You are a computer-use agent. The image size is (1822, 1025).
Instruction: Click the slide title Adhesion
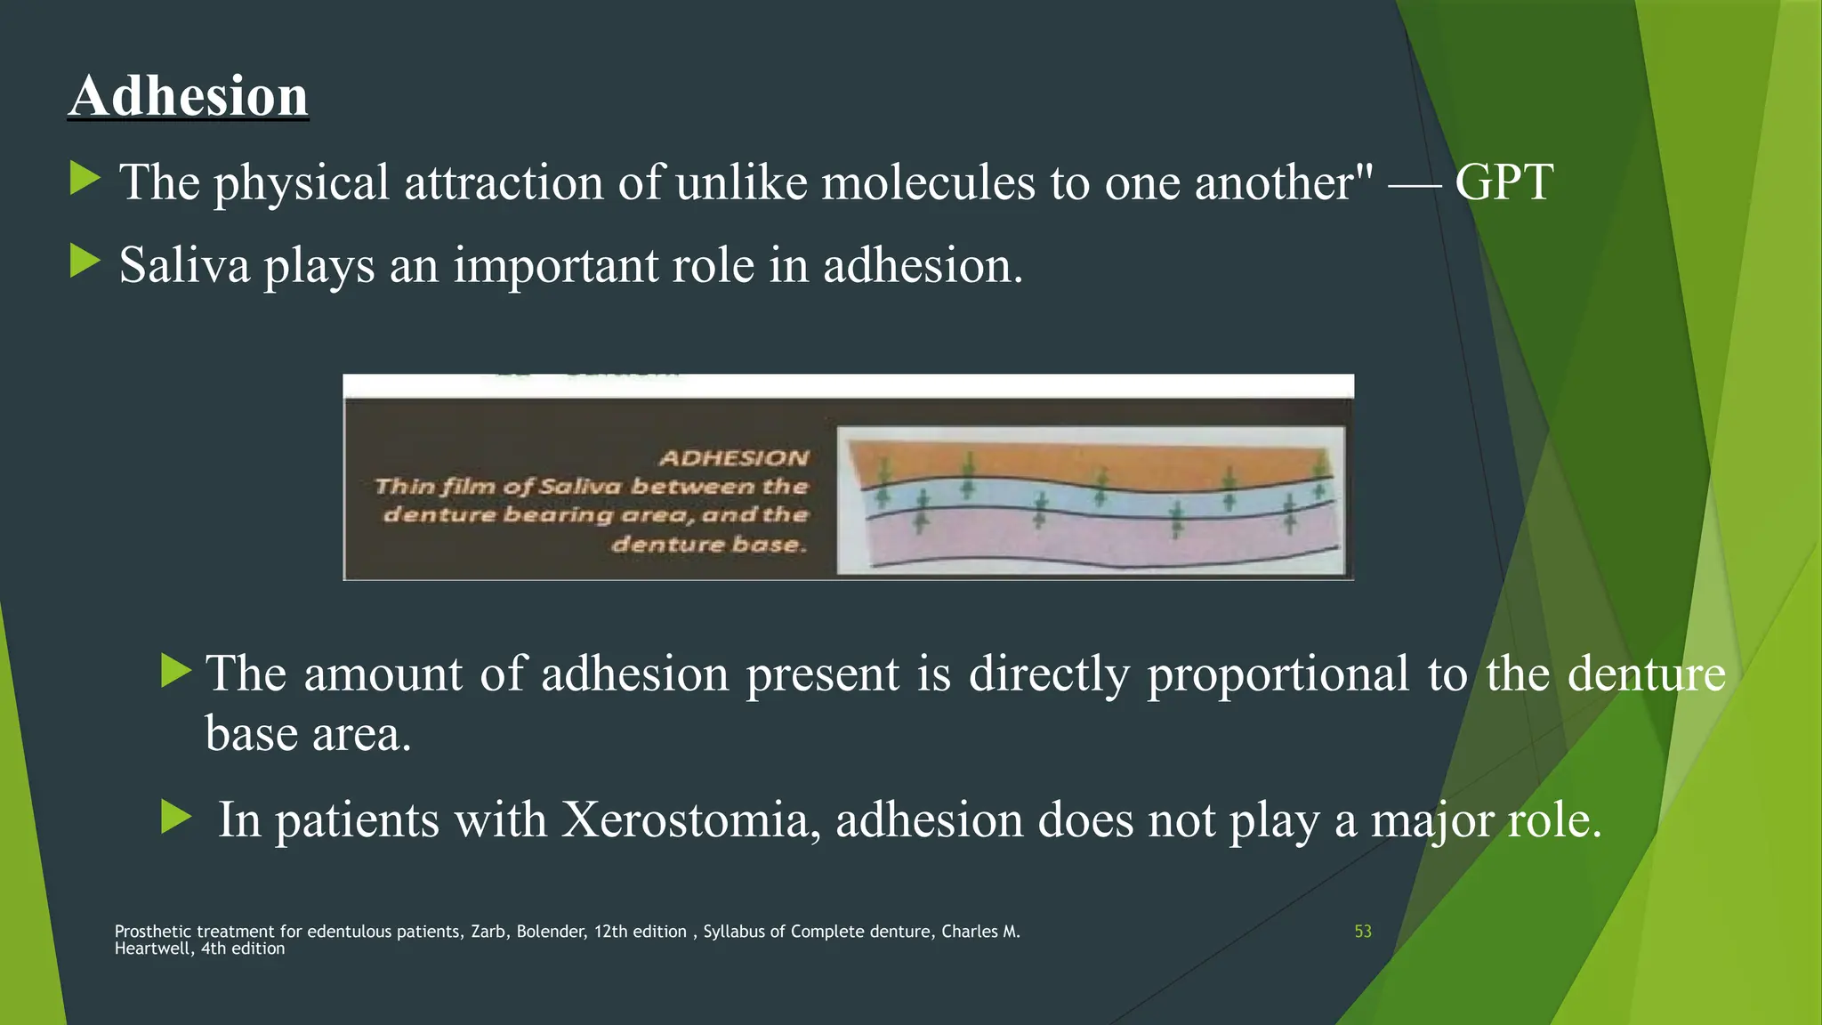[189, 95]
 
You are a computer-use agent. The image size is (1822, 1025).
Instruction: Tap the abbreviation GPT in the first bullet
[1504, 182]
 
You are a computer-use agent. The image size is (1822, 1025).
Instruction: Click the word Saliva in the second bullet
[184, 265]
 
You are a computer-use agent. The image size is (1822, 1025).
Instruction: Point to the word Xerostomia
[690, 819]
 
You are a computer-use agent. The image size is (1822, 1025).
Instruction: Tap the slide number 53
[1362, 932]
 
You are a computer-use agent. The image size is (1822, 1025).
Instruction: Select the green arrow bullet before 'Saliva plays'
[85, 262]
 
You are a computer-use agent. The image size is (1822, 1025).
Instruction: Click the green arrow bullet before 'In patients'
[176, 816]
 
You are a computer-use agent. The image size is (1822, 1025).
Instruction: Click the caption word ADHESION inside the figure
[734, 458]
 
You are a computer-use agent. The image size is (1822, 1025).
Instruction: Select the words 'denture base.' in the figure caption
[709, 544]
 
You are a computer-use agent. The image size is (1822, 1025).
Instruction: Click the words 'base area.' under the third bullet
[308, 734]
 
